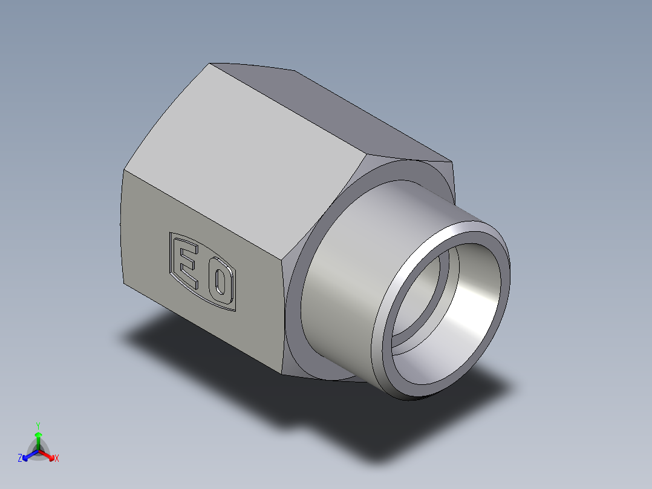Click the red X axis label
pos(57,459)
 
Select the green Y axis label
pos(37,425)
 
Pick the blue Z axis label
pos(20,459)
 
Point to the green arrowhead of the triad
pos(37,435)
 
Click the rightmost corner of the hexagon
pos(452,162)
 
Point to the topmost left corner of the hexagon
pos(210,63)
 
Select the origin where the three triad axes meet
pos(37,451)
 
